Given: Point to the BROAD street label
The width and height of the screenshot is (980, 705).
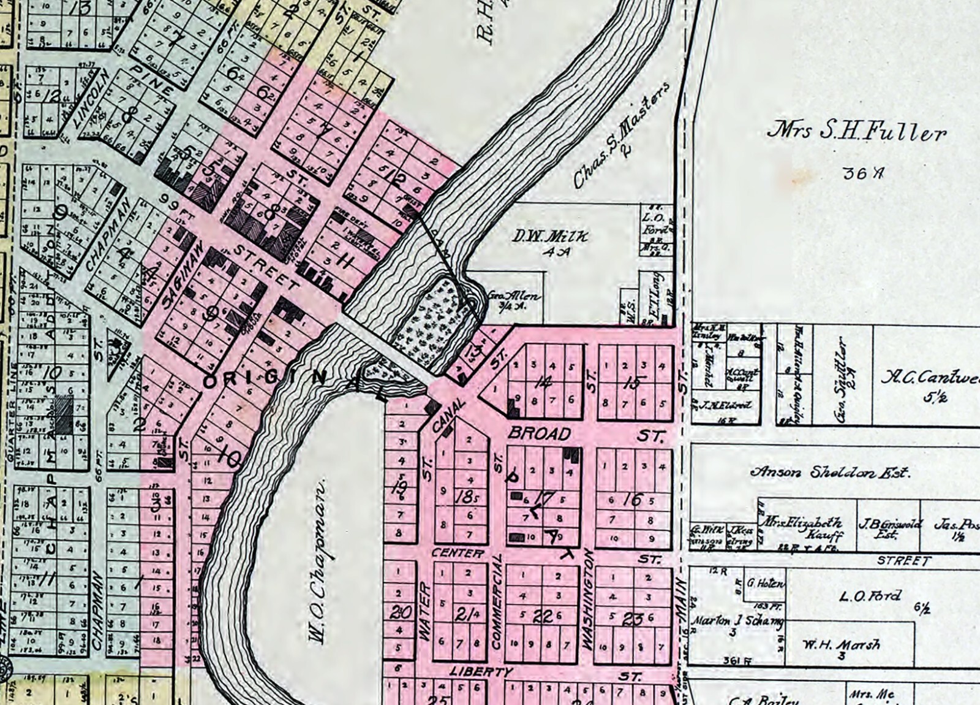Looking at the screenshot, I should point(540,434).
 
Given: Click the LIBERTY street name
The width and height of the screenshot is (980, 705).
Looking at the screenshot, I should point(480,673).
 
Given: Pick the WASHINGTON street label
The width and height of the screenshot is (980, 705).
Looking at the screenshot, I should point(588,600).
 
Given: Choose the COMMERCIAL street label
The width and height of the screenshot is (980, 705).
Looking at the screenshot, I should point(497,602).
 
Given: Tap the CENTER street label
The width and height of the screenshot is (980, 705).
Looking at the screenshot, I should point(458,554).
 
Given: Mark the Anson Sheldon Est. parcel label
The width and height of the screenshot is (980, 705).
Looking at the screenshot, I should point(830,473).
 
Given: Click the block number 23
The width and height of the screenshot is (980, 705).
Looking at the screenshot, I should point(631,620).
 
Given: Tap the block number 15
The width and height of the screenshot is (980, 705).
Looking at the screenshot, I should point(634,384).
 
